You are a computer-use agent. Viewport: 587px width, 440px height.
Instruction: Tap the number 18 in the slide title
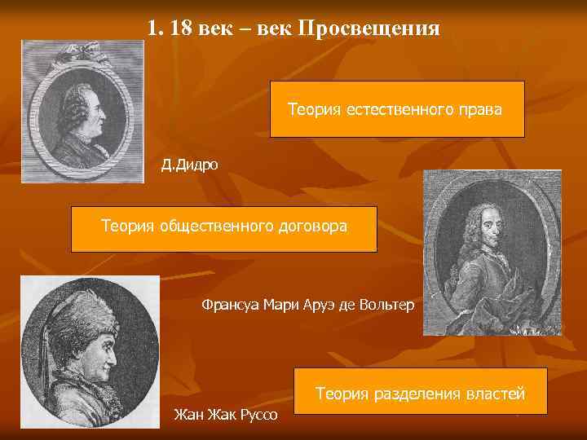click(182, 29)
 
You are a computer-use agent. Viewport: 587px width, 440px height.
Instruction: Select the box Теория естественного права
click(397, 108)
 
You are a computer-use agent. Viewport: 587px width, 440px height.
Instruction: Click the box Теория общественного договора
click(224, 228)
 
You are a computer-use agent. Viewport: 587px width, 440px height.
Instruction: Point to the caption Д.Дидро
click(190, 165)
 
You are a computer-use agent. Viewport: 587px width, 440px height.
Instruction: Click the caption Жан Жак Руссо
click(226, 416)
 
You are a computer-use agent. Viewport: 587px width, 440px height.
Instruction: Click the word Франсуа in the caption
click(227, 305)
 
